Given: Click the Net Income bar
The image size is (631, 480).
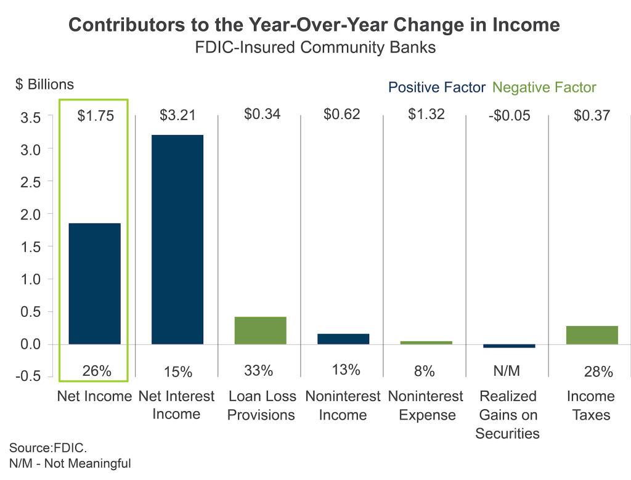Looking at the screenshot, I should click(94, 283).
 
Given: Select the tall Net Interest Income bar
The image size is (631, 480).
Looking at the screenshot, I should click(177, 239).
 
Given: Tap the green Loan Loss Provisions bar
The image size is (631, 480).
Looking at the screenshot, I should click(260, 330).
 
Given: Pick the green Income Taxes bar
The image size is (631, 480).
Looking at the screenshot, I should click(592, 335).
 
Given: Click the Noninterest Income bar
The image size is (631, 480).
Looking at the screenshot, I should click(343, 339).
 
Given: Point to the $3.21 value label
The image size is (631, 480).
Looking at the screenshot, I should click(177, 115).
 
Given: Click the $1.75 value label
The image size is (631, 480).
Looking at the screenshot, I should click(96, 116).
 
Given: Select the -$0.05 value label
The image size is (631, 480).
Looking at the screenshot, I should click(508, 116).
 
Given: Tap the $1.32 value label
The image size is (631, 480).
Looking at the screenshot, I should click(426, 115).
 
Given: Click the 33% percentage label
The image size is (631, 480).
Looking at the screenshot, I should click(258, 371).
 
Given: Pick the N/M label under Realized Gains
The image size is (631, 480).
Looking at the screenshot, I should click(508, 372).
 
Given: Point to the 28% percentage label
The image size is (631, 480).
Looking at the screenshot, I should click(598, 372).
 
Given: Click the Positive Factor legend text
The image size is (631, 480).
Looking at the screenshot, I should click(437, 87).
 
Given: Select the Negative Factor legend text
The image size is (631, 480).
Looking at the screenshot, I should click(545, 87).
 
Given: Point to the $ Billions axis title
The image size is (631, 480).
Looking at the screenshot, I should click(44, 84).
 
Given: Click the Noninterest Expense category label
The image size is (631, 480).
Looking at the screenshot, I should click(426, 405).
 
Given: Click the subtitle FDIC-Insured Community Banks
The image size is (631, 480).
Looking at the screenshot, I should click(314, 47).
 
